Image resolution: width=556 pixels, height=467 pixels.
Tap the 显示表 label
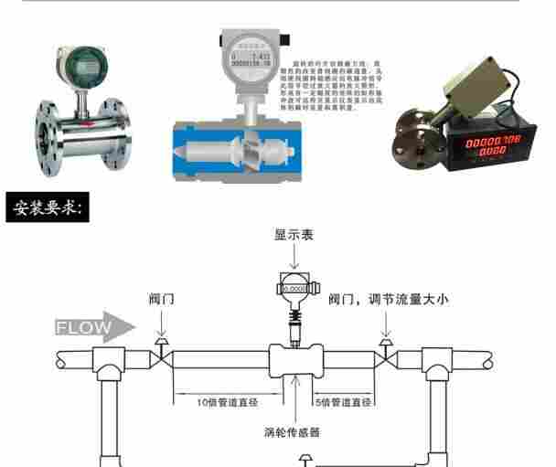[294, 235]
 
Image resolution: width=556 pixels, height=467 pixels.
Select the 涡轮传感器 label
[294, 432]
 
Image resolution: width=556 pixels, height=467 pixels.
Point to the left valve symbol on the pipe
[161, 352]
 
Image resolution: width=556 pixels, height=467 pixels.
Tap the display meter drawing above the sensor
[294, 287]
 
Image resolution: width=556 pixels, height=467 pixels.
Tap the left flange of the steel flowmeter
[46, 127]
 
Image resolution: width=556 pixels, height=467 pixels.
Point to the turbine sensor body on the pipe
[294, 360]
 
